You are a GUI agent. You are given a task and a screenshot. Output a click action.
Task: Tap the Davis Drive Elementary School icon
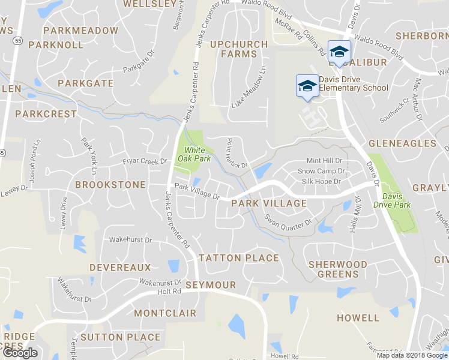click(x=307, y=85)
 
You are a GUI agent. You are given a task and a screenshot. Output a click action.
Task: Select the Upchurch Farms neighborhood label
click(x=234, y=49)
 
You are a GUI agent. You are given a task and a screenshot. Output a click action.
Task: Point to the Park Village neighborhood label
click(x=268, y=204)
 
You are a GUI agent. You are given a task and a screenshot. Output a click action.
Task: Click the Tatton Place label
click(x=238, y=258)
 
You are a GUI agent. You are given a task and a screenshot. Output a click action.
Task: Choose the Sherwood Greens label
click(x=337, y=269)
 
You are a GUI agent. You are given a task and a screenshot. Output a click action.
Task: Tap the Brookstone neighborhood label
click(x=110, y=185)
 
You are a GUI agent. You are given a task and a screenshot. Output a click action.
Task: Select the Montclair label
click(x=165, y=313)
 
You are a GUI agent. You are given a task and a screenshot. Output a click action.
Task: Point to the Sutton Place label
click(x=120, y=337)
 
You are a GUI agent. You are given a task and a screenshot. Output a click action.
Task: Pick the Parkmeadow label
click(x=81, y=30)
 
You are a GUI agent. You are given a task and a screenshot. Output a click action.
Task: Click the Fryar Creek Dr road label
click(x=145, y=161)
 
